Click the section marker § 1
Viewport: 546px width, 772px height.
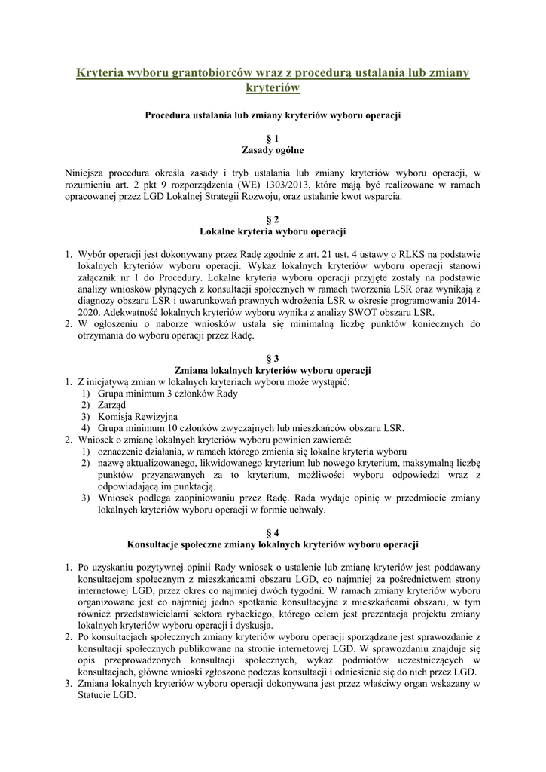pos(273,139)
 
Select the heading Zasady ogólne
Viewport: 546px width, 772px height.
pos(273,150)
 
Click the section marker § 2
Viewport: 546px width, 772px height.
pos(273,219)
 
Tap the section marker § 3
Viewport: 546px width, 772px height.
pos(273,359)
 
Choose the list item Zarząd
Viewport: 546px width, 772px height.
pos(111,405)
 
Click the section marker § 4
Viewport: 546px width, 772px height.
pos(273,532)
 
